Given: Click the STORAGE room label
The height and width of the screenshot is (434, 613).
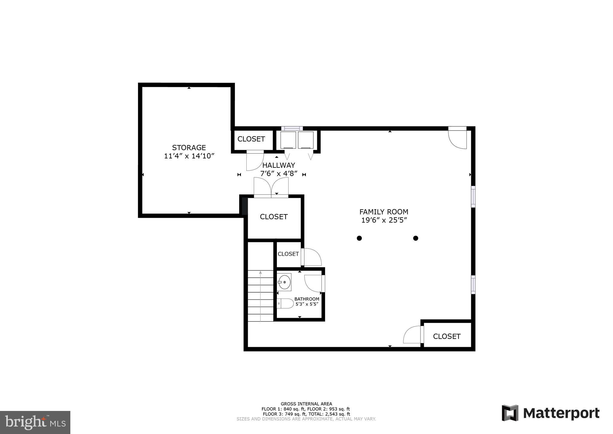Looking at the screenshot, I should pyautogui.click(x=189, y=147).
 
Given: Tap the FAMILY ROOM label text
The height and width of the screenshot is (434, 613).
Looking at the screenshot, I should pyautogui.click(x=384, y=212).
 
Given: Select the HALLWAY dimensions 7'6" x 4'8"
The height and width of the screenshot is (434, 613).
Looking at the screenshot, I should pyautogui.click(x=279, y=173).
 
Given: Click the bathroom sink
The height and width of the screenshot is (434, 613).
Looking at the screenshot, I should pyautogui.click(x=284, y=282).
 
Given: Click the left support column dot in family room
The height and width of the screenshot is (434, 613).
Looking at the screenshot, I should pyautogui.click(x=359, y=238).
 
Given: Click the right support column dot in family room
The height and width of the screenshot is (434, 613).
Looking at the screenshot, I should pyautogui.click(x=415, y=238).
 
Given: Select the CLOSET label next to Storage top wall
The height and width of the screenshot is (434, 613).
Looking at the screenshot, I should pyautogui.click(x=251, y=139).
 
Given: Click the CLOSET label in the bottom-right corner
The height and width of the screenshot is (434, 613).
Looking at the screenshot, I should pyautogui.click(x=447, y=336).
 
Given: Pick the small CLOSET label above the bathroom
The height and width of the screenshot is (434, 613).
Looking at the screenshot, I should pyautogui.click(x=288, y=254).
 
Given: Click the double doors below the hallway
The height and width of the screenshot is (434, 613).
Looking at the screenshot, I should pyautogui.click(x=271, y=187).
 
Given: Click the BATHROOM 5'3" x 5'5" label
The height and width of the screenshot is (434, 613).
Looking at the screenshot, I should pyautogui.click(x=307, y=301).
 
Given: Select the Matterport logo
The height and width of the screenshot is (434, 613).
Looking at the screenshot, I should pyautogui.click(x=550, y=413).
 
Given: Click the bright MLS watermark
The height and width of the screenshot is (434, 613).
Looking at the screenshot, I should pyautogui.click(x=35, y=422).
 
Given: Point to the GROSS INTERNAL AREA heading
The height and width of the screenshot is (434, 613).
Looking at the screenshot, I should pyautogui.click(x=306, y=404).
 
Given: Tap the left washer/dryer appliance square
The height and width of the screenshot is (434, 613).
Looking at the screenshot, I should pyautogui.click(x=288, y=140).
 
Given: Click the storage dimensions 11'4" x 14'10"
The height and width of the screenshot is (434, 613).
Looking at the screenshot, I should pyautogui.click(x=189, y=156).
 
